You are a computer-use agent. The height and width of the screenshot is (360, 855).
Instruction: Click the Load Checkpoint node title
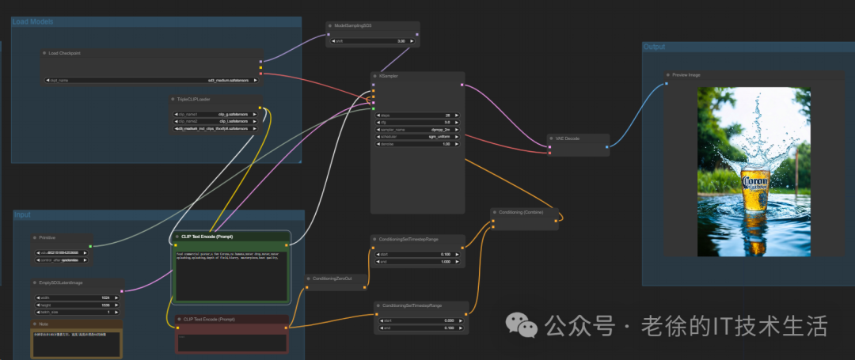pyautogui.click(x=65, y=53)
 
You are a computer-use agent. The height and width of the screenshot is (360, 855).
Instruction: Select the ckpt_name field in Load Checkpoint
pyautogui.click(x=150, y=80)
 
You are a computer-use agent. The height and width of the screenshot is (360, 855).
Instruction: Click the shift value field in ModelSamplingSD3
pyautogui.click(x=372, y=40)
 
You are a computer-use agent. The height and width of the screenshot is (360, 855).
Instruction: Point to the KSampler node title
pyautogui.click(x=389, y=76)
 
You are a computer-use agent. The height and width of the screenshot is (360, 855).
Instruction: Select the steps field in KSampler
pyautogui.click(x=416, y=116)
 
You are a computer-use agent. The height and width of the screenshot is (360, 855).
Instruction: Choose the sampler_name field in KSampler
pyautogui.click(x=416, y=129)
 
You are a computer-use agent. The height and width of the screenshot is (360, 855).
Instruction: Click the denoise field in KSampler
pyautogui.click(x=416, y=144)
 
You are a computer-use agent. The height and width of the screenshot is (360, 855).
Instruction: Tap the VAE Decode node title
pyautogui.click(x=568, y=138)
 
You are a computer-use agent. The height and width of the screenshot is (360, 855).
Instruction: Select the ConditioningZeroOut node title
pyautogui.click(x=332, y=278)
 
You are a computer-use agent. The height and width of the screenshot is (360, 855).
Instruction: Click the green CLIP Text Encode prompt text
pyautogui.click(x=230, y=256)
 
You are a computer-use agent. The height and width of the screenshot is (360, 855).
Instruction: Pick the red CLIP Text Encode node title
pyautogui.click(x=208, y=319)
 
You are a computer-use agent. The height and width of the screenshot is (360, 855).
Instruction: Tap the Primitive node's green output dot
pyautogui.click(x=90, y=246)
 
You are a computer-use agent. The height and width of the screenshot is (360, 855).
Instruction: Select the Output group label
pyautogui.click(x=654, y=47)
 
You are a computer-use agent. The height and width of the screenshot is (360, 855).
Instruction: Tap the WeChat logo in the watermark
pyautogui.click(x=521, y=325)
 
